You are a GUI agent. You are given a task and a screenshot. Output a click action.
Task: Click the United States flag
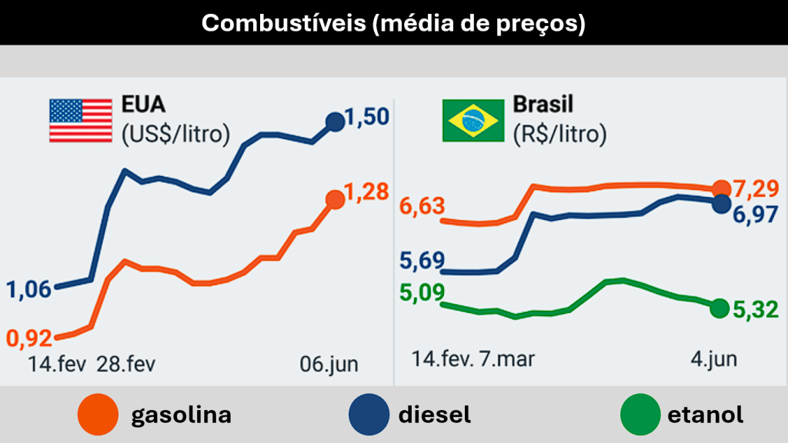pyautogui.click(x=81, y=122)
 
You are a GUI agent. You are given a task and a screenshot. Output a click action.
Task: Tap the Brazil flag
pyautogui.click(x=472, y=122)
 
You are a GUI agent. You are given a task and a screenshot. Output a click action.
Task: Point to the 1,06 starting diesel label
pyautogui.click(x=29, y=290)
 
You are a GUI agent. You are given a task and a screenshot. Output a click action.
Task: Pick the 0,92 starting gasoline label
pyautogui.click(x=29, y=337)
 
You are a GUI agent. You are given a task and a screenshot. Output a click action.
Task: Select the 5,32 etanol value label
pyautogui.click(x=755, y=309)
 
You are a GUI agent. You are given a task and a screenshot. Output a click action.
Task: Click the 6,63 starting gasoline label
pyautogui.click(x=422, y=207)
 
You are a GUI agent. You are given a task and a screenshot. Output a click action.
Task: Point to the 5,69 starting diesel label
pyautogui.click(x=422, y=261)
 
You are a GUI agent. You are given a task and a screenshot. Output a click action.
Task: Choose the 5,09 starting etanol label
pyautogui.click(x=422, y=293)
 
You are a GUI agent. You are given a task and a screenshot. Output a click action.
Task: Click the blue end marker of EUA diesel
pyautogui.click(x=336, y=122)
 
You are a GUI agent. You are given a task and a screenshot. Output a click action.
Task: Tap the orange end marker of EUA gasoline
pyautogui.click(x=336, y=200)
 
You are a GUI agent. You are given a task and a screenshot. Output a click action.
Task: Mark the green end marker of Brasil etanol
pyautogui.click(x=720, y=308)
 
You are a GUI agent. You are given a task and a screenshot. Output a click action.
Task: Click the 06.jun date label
pyautogui.click(x=329, y=363)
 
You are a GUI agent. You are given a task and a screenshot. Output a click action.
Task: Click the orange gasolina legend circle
pyautogui.click(x=98, y=415)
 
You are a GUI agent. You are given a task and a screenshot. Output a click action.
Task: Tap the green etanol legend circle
pyautogui.click(x=640, y=415)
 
